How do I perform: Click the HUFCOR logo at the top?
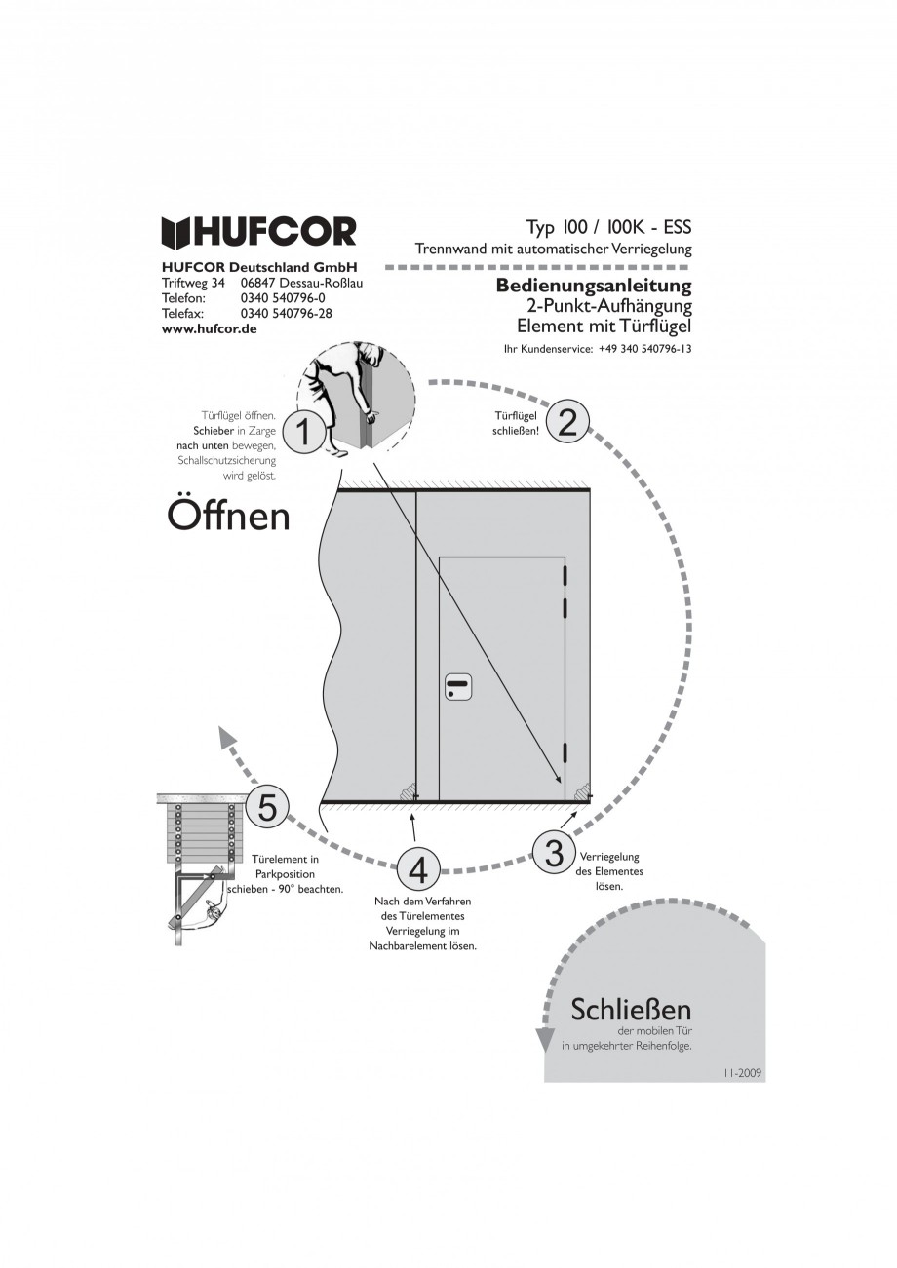pos(258,232)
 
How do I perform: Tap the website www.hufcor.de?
pos(209,330)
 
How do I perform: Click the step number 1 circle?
pos(304,430)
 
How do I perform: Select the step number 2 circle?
pos(567,421)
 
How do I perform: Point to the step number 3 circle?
pos(554,852)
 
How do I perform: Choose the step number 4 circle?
pos(417,869)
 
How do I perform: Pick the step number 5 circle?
pos(267,806)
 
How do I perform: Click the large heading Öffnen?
pos(228,515)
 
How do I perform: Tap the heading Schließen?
pos(631,1009)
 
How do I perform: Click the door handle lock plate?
pos(457,686)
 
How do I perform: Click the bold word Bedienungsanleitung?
pos(593,286)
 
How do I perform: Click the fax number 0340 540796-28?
pos(286,314)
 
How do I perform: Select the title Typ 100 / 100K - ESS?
pos(608,227)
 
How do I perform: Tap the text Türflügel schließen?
pos(517,422)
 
